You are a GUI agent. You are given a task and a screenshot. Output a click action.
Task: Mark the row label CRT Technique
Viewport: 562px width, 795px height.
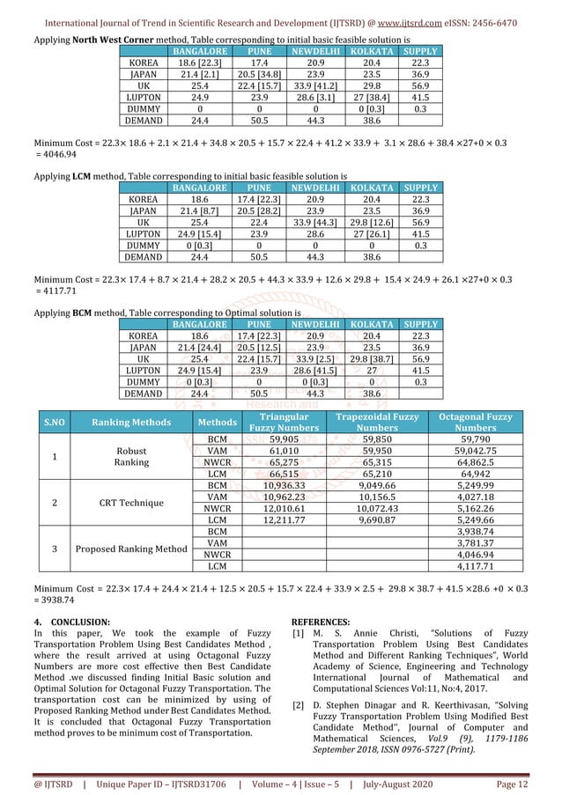pyautogui.click(x=132, y=502)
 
